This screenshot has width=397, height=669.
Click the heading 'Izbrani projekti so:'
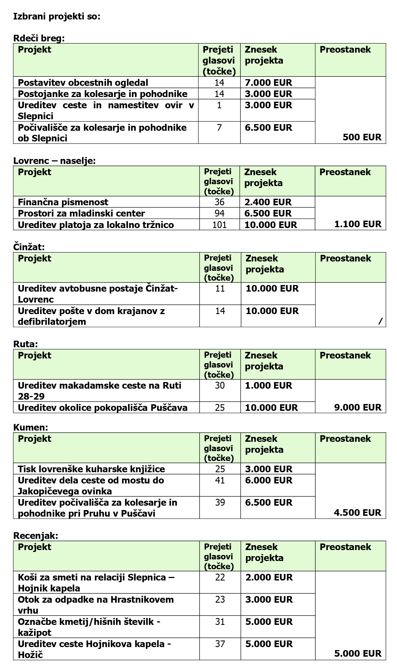(57, 16)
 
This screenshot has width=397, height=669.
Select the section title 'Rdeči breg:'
(39, 38)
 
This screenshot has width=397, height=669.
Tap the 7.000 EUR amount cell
(268, 82)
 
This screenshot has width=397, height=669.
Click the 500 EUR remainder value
(362, 137)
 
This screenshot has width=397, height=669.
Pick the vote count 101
(220, 225)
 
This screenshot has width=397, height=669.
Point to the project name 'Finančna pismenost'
(63, 202)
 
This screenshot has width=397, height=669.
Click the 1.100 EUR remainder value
(358, 224)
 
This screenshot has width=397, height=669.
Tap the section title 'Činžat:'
(29, 247)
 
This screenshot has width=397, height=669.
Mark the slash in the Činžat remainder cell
(380, 321)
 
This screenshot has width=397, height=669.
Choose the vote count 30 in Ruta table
(220, 385)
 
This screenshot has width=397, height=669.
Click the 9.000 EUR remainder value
(358, 407)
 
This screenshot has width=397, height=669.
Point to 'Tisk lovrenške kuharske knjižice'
(91, 469)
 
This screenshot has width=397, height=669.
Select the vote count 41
(220, 480)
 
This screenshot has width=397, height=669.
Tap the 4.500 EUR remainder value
(358, 513)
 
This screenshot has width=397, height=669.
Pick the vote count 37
(220, 644)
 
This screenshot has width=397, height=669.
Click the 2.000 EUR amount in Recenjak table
(269, 577)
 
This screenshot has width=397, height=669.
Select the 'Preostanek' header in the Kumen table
(345, 439)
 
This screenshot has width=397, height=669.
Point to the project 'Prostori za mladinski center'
(81, 213)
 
